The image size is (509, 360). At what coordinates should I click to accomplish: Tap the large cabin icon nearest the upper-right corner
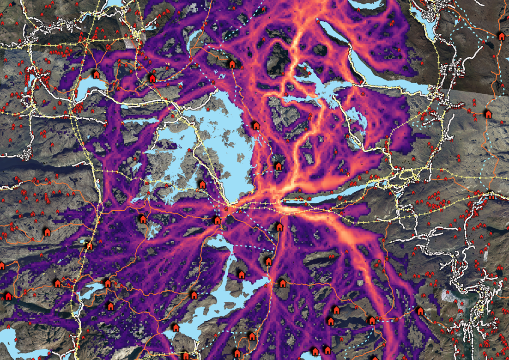tap(501, 36)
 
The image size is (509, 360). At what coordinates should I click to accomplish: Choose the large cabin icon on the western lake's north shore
tap(97, 74)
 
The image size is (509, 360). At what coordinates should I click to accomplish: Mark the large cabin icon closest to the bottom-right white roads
tap(420, 311)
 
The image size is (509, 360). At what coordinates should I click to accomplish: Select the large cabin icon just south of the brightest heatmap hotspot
tap(279, 227)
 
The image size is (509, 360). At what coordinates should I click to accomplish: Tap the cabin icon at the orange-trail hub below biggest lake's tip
tap(217, 220)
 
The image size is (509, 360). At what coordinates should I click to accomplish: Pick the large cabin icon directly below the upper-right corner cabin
tap(488, 114)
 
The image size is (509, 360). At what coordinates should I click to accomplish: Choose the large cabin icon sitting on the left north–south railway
tap(88, 246)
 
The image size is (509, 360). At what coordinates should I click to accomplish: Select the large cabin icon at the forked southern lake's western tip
tap(194, 295)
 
